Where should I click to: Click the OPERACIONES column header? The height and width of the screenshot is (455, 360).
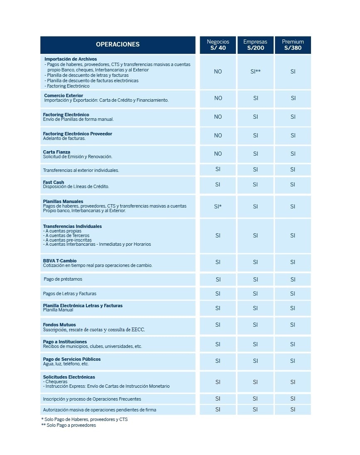(118, 44)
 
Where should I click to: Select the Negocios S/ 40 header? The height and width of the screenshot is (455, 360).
(218, 45)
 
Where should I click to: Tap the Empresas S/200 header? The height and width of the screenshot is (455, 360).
(255, 45)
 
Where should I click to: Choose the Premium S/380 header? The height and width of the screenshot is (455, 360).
(293, 45)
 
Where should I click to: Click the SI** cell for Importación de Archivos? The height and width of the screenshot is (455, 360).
(255, 71)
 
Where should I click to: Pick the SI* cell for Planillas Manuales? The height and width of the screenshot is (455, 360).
(218, 206)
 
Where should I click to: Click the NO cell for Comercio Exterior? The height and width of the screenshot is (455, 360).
(218, 98)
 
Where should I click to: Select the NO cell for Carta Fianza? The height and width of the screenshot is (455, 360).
(218, 154)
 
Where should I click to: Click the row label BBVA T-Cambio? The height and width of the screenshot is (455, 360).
(60, 261)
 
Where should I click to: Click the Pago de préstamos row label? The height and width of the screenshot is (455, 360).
(63, 279)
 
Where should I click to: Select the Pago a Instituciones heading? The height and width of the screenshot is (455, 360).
(65, 342)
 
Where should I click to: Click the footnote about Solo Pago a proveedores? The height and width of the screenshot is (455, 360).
(69, 425)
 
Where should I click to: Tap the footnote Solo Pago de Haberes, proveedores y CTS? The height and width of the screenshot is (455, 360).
(84, 419)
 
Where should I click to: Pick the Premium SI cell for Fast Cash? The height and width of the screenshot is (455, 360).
(293, 184)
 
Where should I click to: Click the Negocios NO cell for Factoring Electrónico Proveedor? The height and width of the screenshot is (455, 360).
(218, 135)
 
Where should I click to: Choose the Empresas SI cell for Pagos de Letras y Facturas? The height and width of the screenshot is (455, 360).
(255, 294)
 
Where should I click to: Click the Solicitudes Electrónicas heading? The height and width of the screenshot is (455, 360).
(69, 377)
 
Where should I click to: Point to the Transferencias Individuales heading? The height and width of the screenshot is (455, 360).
(72, 226)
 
